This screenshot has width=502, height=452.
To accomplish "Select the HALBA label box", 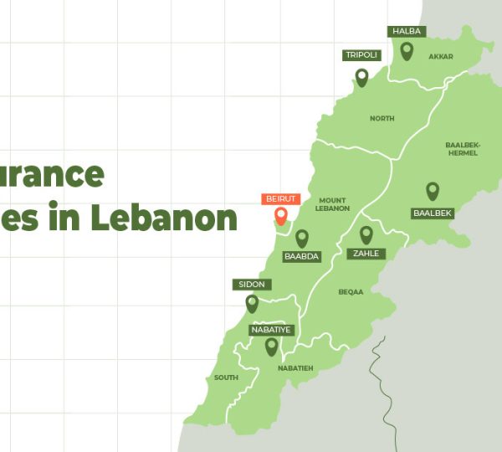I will [x=407, y=32].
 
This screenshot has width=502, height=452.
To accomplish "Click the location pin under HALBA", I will [x=407, y=51].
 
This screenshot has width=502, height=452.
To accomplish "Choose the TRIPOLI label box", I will [x=362, y=55].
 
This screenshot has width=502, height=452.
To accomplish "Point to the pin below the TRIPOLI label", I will [x=362, y=77].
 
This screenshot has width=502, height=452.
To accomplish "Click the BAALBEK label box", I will [x=433, y=213].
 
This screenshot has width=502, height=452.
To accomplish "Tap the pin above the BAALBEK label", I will [x=433, y=192].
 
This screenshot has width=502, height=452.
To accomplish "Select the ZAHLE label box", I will [x=366, y=254].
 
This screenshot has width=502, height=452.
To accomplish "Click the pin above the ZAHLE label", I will [x=366, y=235].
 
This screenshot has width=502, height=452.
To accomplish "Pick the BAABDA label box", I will [x=302, y=256].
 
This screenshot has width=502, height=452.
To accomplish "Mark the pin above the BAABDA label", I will [x=302, y=239].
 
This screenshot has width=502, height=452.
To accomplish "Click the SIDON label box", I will [x=252, y=285].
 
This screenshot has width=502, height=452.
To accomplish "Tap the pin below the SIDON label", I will [x=252, y=303].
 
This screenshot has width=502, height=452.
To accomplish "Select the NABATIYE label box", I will [x=271, y=330].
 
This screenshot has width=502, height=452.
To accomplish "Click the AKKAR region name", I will [x=440, y=57].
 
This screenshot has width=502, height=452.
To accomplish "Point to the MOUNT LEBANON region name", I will [x=333, y=204].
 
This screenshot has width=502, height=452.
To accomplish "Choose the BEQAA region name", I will [x=351, y=292].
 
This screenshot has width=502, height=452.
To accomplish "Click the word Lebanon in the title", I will [x=165, y=218].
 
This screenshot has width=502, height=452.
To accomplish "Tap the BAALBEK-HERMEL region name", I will [x=463, y=148].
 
